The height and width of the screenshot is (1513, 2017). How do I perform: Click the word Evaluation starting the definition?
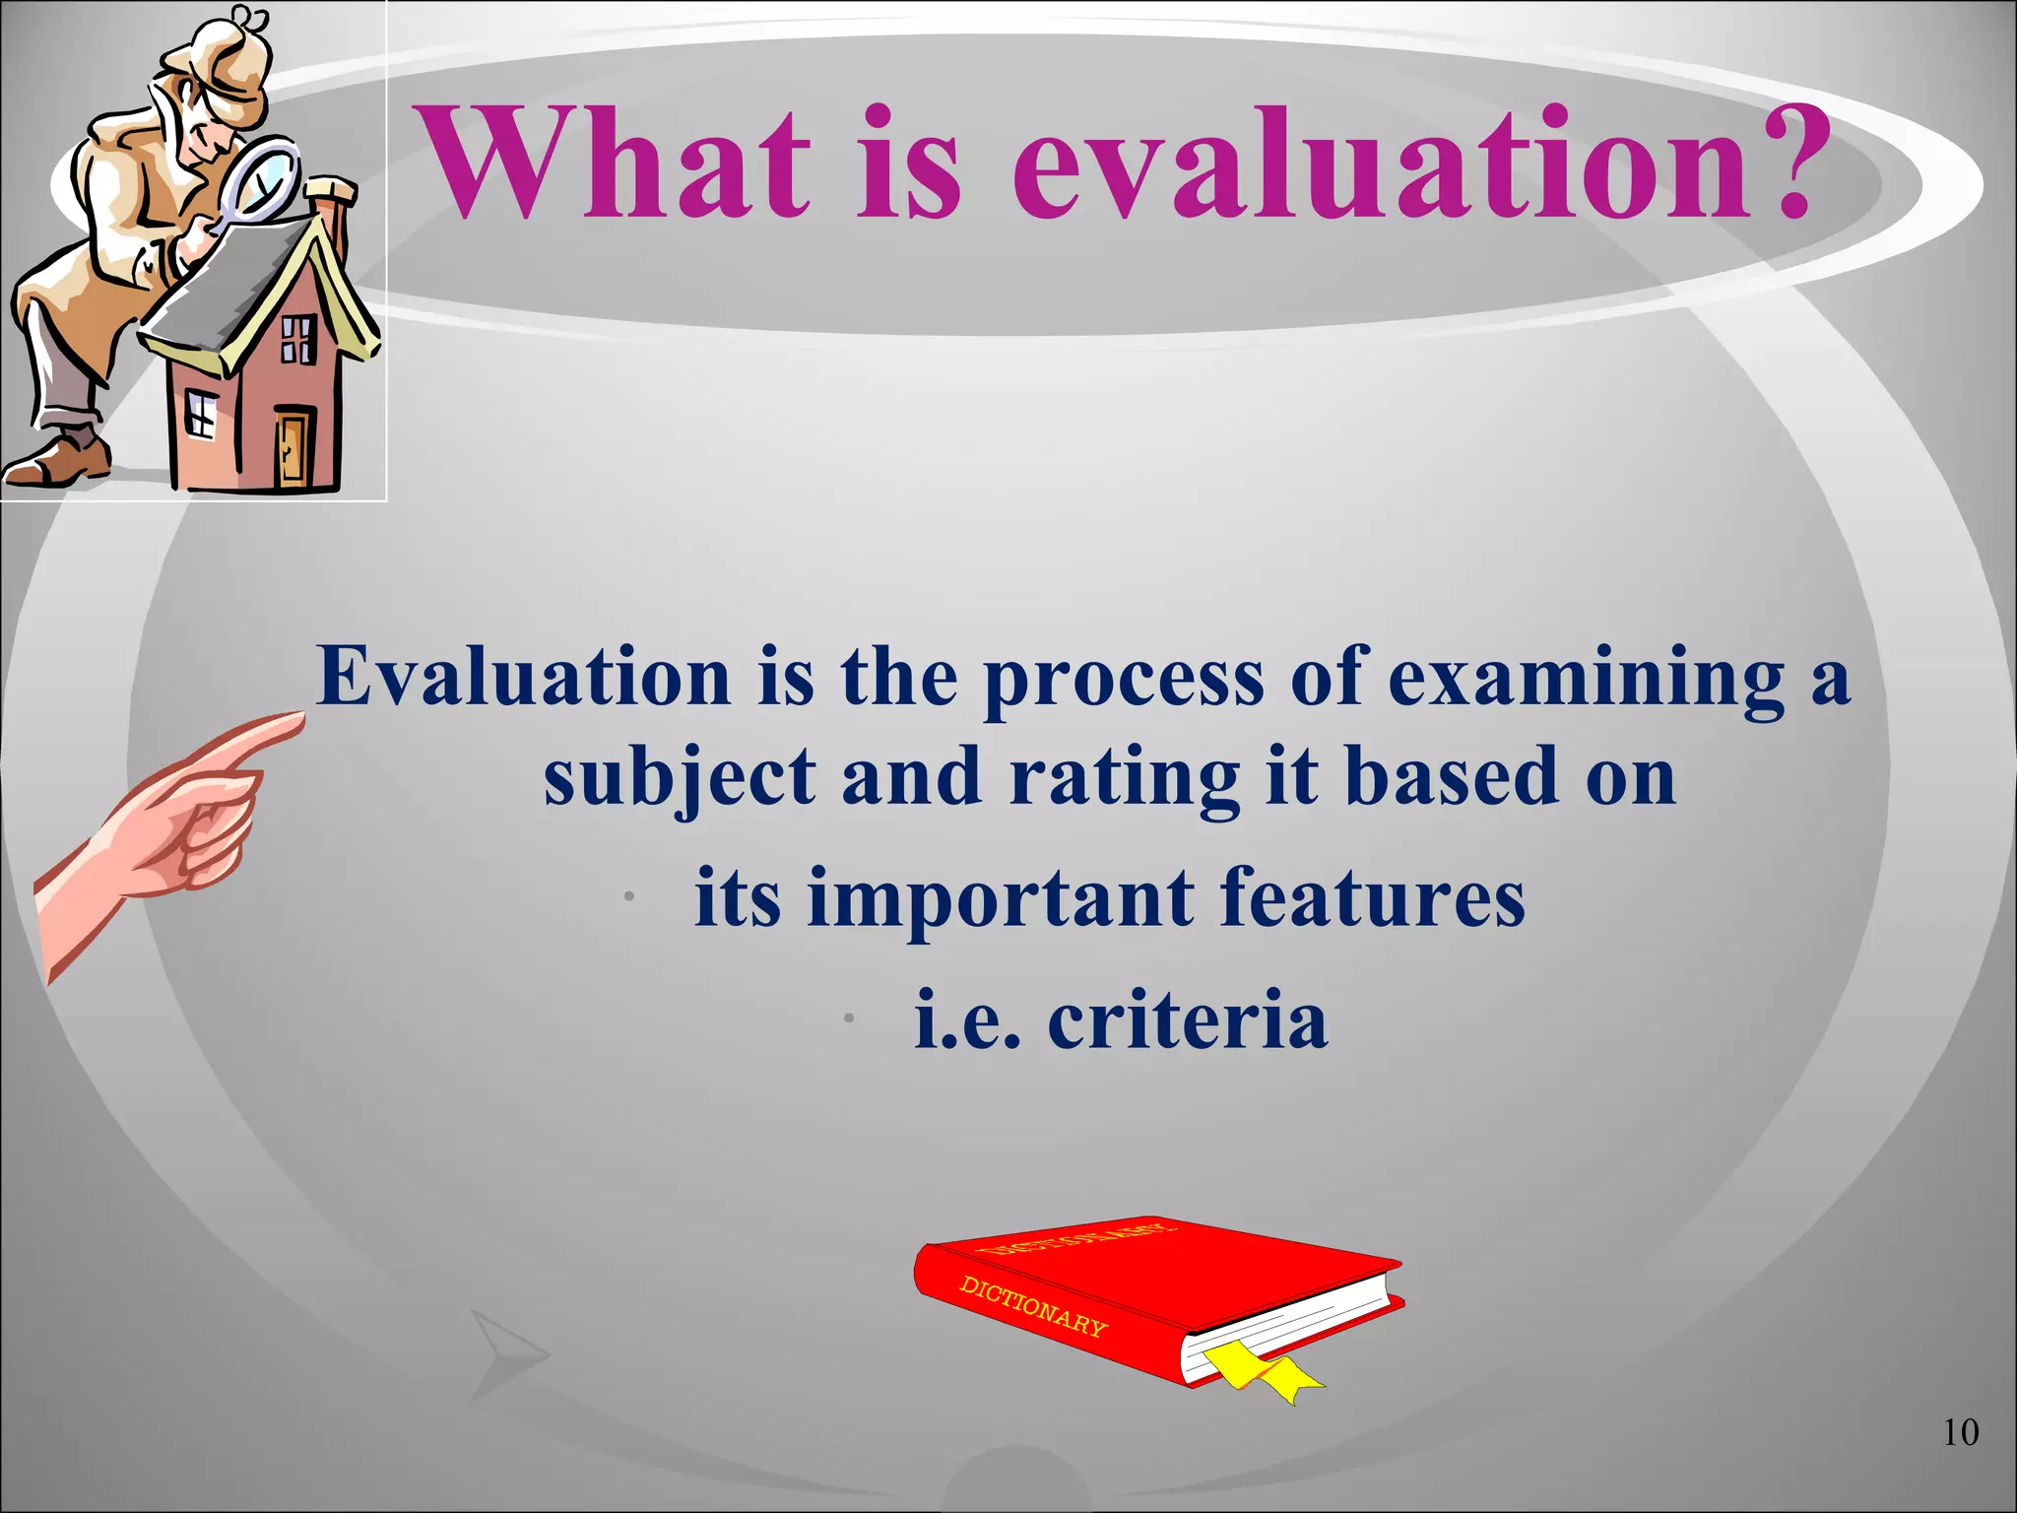pos(523,677)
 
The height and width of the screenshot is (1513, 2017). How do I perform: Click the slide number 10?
pos(1960,1432)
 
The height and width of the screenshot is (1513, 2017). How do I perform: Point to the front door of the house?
pos(293,448)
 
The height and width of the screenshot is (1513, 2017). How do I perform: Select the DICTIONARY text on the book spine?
pos(1032,1306)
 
